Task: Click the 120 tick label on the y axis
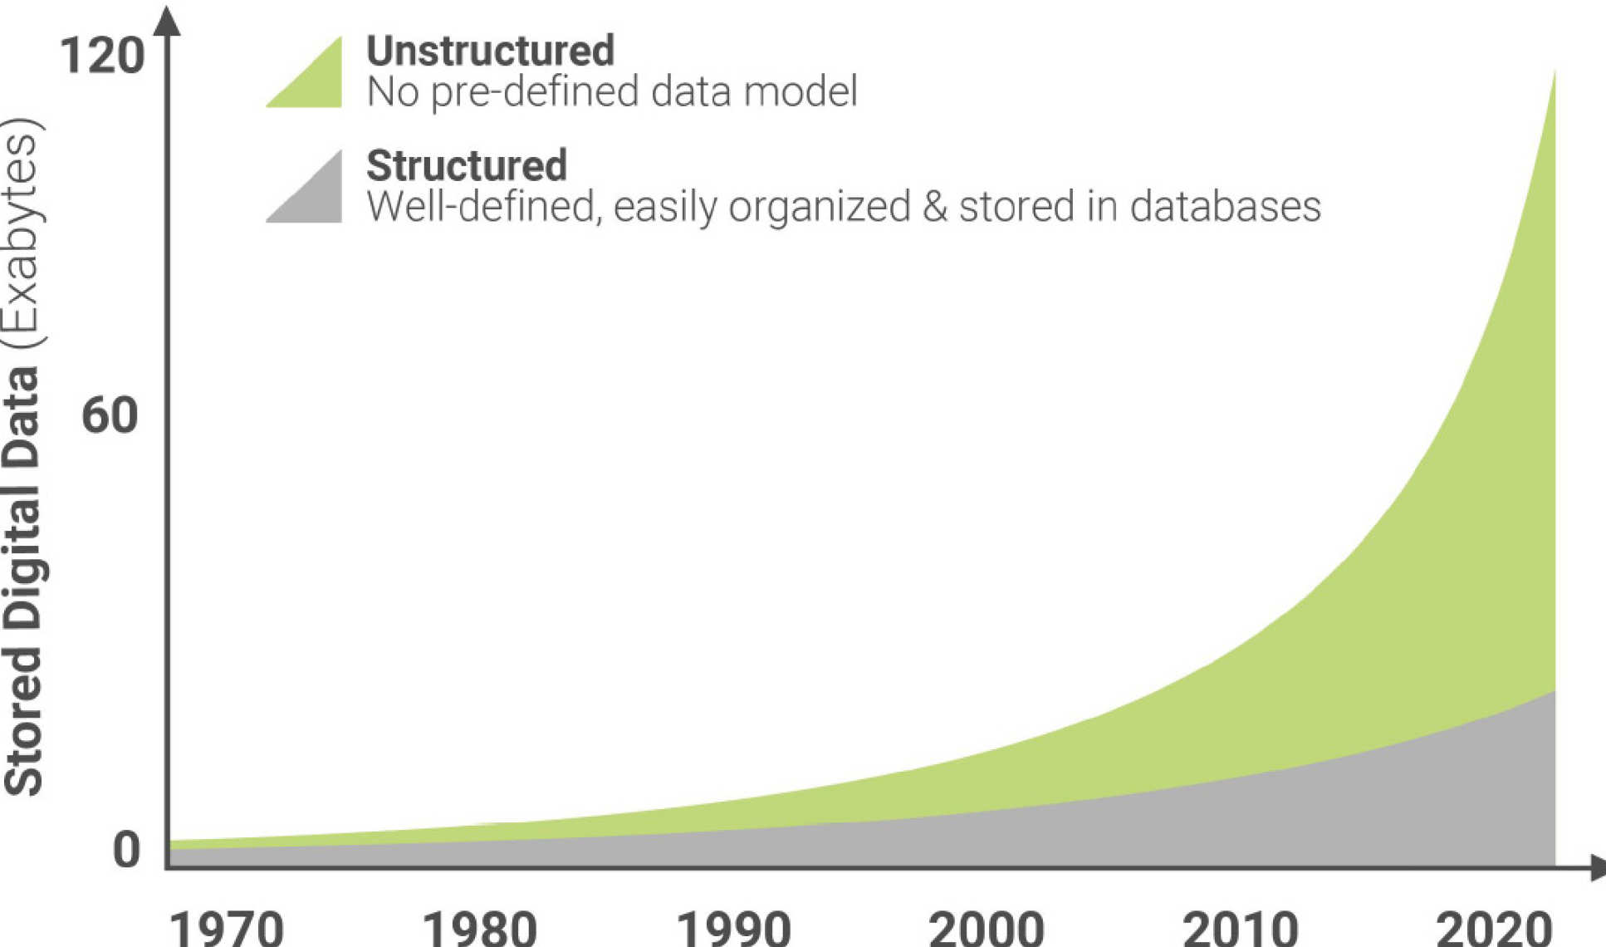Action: [x=101, y=56]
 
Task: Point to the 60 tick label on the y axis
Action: [x=109, y=415]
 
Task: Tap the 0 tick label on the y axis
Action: [x=126, y=850]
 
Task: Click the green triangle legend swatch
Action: [x=316, y=83]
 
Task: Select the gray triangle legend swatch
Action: [x=316, y=198]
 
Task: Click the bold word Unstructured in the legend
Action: [x=490, y=51]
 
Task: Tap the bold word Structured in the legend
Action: [x=467, y=165]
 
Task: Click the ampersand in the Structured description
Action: [x=934, y=206]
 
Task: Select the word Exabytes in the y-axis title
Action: [x=23, y=235]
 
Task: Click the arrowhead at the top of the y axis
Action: [x=167, y=20]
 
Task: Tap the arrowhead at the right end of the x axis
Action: [x=1597, y=868]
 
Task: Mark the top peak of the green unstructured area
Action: [x=1554, y=73]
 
